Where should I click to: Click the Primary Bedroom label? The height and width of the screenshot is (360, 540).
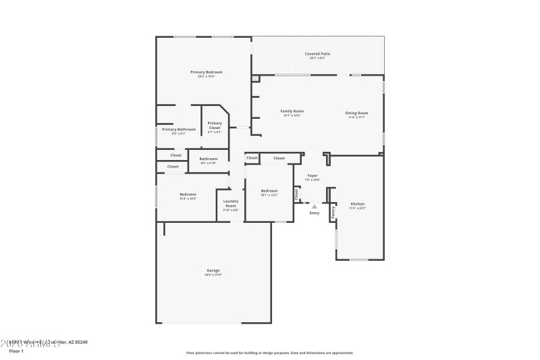click(206, 72)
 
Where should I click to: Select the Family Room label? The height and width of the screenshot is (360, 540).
click(292, 111)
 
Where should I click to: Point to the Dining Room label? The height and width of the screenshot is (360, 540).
click(356, 113)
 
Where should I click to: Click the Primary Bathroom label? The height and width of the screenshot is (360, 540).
click(178, 130)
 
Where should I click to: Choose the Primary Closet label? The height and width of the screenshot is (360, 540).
click(215, 126)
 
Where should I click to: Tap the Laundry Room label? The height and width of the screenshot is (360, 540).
click(231, 204)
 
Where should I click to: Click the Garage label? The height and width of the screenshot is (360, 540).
click(213, 271)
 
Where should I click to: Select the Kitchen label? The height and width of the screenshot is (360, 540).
click(357, 204)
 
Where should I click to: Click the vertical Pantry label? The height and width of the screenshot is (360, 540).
click(333, 211)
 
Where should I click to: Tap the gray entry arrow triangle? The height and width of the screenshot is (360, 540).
click(314, 207)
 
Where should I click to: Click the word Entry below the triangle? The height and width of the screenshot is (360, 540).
click(314, 213)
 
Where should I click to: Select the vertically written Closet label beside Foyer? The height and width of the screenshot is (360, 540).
click(296, 194)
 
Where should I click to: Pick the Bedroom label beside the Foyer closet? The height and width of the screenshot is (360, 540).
click(269, 191)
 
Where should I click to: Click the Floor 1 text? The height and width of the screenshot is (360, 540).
click(16, 351)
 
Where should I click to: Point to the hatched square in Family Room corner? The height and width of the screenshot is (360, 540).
click(255, 79)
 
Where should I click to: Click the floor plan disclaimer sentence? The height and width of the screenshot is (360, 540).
click(269, 353)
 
